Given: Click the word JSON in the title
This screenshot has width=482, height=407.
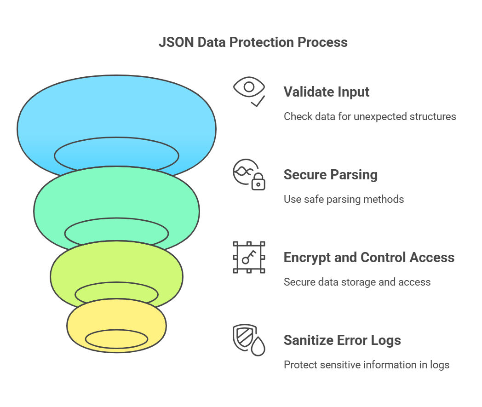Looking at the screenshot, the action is (x=176, y=42).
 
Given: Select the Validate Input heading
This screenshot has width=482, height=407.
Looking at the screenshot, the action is (x=327, y=92).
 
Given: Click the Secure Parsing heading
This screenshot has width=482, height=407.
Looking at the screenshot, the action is (x=330, y=175).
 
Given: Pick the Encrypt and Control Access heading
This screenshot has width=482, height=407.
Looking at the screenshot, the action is (x=369, y=257).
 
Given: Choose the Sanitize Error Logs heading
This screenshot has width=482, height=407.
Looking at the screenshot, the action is (x=342, y=340).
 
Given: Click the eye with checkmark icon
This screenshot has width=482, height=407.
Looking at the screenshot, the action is (x=249, y=92).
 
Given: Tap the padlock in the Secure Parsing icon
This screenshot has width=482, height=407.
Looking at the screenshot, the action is (x=258, y=182).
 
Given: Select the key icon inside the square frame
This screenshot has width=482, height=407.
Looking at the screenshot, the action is (x=249, y=257).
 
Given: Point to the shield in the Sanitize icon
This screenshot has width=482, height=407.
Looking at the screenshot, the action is (x=245, y=338).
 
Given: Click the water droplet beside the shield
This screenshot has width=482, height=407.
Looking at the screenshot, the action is (x=258, y=346).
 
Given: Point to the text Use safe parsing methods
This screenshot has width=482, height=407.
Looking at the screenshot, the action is (x=344, y=199).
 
